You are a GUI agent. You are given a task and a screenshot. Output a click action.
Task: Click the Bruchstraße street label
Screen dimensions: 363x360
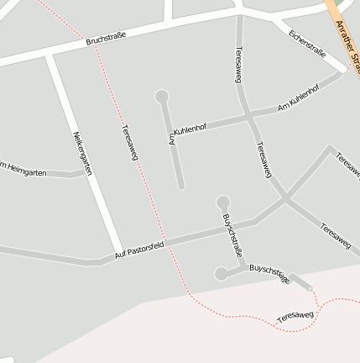click(106, 37)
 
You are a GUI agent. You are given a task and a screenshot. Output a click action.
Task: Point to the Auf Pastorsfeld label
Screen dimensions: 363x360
click(139, 248)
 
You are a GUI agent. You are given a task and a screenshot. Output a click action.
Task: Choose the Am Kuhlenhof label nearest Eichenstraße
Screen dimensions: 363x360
click(298, 99)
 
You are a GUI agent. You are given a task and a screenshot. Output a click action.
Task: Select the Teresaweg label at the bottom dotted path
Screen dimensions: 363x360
click(295, 317)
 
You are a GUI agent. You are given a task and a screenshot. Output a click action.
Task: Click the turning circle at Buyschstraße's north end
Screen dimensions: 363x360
click(222, 203)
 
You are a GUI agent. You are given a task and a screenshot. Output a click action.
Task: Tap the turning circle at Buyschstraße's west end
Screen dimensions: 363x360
click(221, 273)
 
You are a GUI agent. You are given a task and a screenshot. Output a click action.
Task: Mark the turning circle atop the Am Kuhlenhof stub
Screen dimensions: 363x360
click(162, 97)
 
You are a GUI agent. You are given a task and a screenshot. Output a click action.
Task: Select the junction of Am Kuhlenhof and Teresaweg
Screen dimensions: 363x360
click(248, 118)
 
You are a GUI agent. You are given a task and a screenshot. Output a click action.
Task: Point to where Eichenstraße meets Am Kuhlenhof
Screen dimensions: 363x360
click(342, 72)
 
